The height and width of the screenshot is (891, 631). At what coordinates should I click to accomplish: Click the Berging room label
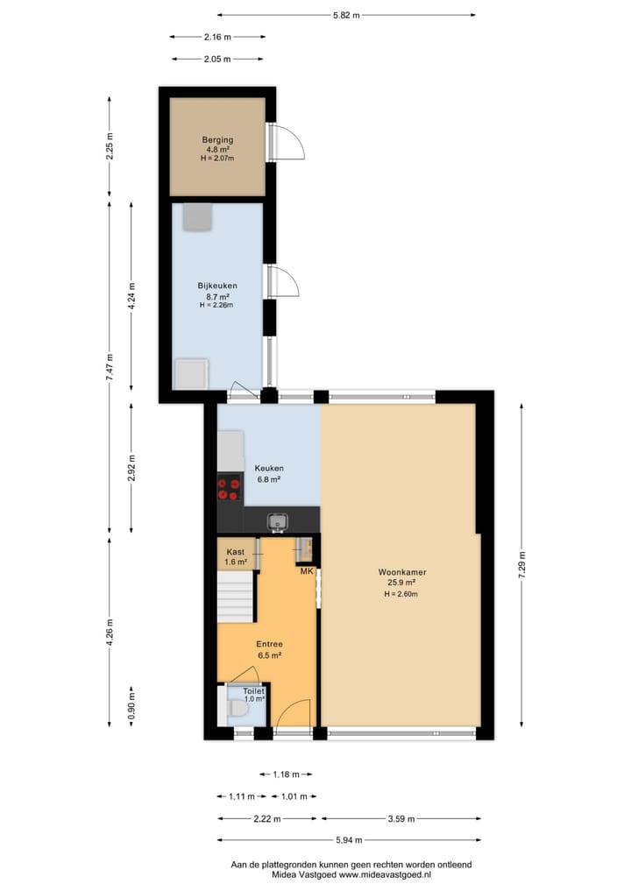point(216,138)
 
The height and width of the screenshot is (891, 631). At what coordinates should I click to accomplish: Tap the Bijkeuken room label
point(216,286)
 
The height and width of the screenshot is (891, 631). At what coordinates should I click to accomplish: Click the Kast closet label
point(235,551)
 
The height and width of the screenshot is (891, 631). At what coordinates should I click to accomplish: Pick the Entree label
point(269,644)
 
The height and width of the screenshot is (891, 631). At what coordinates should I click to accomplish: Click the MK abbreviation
point(307,571)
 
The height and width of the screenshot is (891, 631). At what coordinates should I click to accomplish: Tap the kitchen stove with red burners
point(230,488)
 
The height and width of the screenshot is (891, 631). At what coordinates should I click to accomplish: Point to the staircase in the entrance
point(235,599)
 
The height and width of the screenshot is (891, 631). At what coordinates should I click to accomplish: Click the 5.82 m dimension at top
point(346,15)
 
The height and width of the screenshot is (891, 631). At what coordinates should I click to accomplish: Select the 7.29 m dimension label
point(522,563)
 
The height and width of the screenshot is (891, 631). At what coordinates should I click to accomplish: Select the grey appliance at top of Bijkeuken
point(197,216)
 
